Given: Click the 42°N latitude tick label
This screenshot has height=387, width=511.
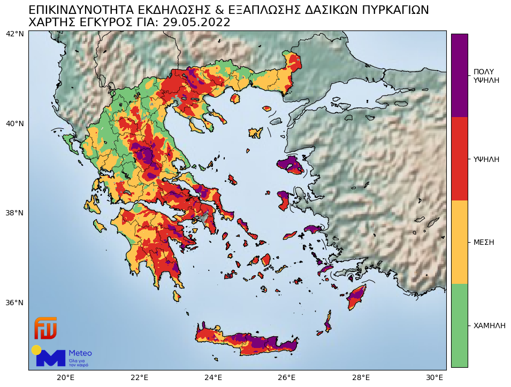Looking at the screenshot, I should tap(14, 34).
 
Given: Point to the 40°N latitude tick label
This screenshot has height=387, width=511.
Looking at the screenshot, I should tap(14, 124).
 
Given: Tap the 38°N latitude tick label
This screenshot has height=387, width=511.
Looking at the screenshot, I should tap(14, 213).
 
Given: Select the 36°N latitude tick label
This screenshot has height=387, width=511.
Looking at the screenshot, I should tap(14, 303).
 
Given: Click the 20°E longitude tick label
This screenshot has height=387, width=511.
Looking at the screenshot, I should tap(66, 378).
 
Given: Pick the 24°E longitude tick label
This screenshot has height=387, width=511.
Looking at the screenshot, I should tap(213, 378).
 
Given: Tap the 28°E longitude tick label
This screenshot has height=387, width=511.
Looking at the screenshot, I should tap(361, 378).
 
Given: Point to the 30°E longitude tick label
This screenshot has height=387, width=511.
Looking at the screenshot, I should tap(434, 378).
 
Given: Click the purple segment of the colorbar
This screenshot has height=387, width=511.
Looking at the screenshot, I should tap(459, 75).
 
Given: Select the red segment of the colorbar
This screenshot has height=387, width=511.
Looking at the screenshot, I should tap(459, 159).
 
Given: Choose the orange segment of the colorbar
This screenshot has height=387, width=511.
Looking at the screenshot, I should tap(459, 242).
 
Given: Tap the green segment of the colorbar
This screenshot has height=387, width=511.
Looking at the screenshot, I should tap(459, 325).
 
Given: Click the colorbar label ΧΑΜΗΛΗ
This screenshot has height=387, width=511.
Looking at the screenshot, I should tap(489, 326).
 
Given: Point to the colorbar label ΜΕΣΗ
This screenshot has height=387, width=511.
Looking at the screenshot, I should tap(484, 242).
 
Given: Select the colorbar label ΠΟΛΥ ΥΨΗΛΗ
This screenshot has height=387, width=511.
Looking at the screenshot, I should tap(486, 76).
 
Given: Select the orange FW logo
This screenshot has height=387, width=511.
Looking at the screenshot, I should tap(45, 328).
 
